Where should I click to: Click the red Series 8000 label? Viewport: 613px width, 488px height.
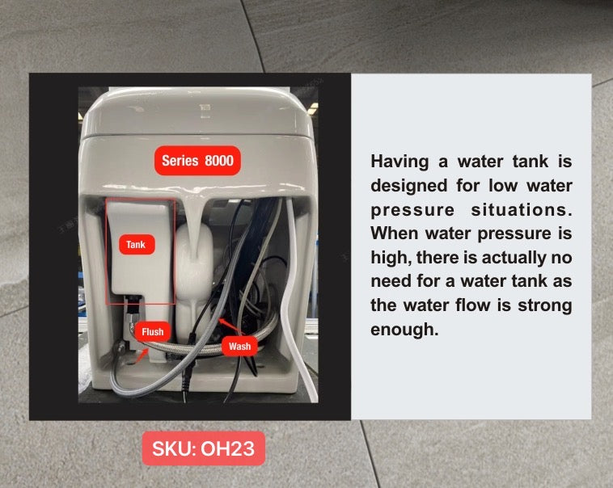point(197,161)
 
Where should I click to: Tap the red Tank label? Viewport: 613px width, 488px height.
point(136,244)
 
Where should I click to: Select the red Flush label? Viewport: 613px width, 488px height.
point(152,331)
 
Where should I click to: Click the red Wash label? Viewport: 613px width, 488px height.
point(239,347)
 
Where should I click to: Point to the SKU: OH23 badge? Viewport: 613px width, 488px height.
point(203,449)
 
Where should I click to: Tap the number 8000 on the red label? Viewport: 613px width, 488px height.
point(218,161)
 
